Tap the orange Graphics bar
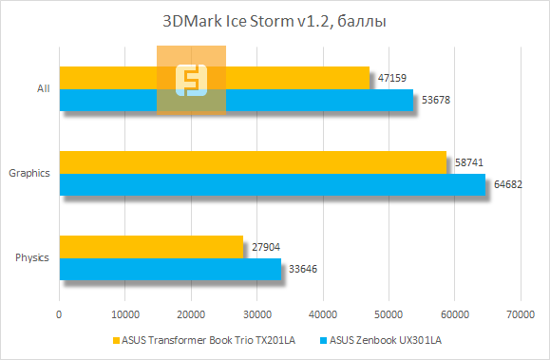[x=252, y=162]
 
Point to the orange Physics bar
[x=151, y=247]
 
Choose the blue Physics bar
[x=170, y=269]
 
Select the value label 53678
[x=436, y=100]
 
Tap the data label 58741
[x=469, y=163]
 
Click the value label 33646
[x=304, y=269]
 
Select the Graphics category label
[x=28, y=174]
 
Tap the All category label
[x=43, y=89]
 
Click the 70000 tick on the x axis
[x=519, y=313]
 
